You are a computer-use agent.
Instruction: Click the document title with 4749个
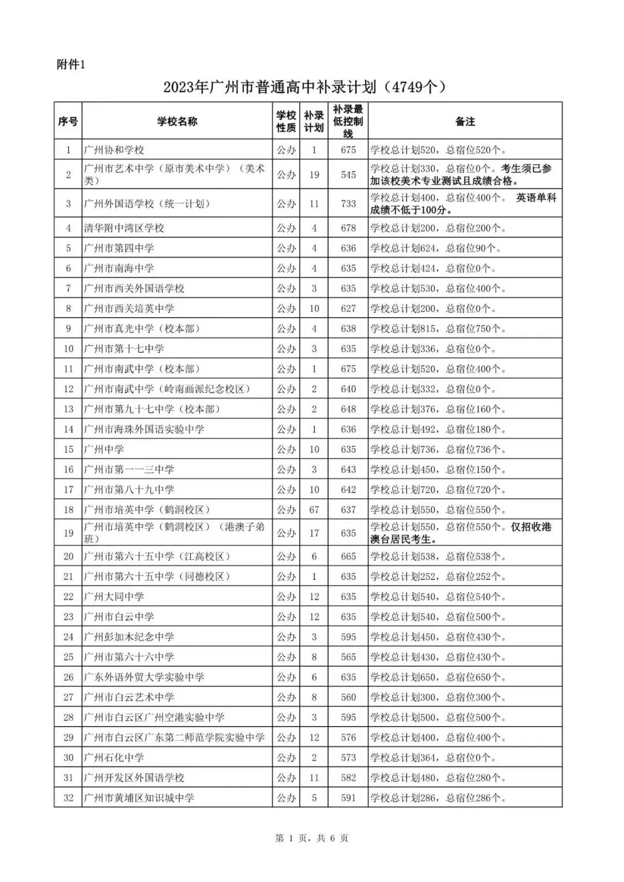306,87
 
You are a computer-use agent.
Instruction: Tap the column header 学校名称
177,121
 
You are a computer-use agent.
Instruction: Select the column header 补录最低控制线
348,121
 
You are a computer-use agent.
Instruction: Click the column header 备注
465,121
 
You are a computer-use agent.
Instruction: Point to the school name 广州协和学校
114,150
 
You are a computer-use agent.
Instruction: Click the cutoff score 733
348,203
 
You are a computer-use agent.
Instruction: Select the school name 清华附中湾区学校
124,228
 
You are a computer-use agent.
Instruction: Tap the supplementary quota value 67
314,510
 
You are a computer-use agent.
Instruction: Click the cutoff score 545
348,174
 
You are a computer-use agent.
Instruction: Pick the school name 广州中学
104,449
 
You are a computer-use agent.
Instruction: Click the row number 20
68,557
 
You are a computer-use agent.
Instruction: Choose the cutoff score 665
348,557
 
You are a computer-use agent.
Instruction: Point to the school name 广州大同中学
114,597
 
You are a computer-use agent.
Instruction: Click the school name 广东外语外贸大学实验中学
144,677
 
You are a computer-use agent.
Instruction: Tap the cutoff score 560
348,697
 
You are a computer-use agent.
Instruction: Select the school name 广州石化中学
114,758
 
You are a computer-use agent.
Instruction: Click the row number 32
68,798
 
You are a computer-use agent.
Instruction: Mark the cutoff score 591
348,798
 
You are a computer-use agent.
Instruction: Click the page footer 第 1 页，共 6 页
311,838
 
